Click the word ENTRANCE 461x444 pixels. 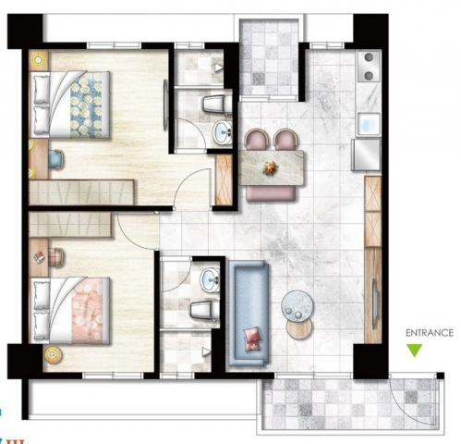[x=430, y=333]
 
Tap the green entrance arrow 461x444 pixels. [x=414, y=351]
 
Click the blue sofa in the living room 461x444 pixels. [x=249, y=313]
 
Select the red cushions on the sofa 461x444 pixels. [x=252, y=339]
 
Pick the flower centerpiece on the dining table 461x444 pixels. [x=271, y=168]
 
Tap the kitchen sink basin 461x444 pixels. [x=369, y=125]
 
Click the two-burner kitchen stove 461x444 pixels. [x=369, y=66]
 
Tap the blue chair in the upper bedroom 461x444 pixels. [x=56, y=159]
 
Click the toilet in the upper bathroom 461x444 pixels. [x=217, y=104]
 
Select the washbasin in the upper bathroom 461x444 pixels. [x=223, y=133]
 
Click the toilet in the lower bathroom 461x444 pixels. [x=204, y=311]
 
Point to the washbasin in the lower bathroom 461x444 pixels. [x=210, y=280]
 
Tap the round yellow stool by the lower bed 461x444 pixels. [x=54, y=355]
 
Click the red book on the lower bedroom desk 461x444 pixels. [x=39, y=257]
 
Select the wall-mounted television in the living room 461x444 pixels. [x=375, y=304]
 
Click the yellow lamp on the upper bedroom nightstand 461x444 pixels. [x=39, y=60]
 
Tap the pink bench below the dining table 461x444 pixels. [x=272, y=193]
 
